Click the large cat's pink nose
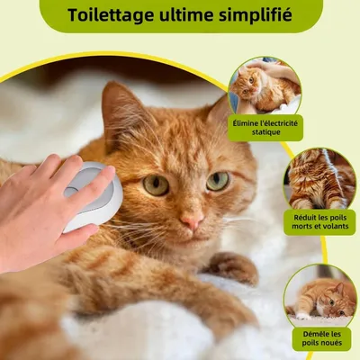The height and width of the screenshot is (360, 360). click(x=191, y=219)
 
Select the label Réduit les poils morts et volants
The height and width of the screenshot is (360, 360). click(x=319, y=221)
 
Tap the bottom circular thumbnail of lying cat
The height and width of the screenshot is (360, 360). click(x=319, y=295)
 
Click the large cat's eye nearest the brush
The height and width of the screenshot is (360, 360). click(x=156, y=184)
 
